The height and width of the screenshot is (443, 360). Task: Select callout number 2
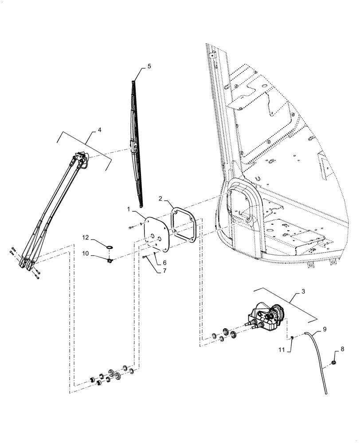click(160, 199)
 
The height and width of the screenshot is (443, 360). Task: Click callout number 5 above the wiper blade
click(149, 66)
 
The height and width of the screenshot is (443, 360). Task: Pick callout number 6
click(164, 263)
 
